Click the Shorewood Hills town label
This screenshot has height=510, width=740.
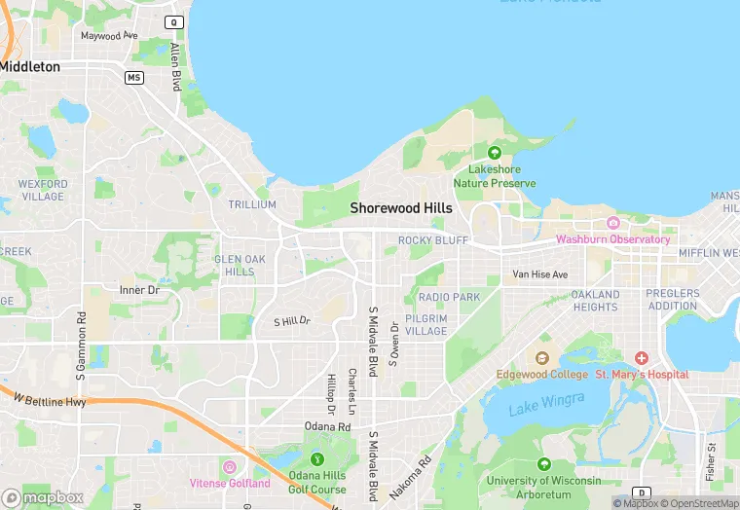[401, 208]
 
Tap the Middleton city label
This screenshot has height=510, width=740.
[30, 67]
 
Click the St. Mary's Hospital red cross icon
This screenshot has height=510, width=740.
[642, 359]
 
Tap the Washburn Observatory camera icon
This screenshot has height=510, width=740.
[612, 224]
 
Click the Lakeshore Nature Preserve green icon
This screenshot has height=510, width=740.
[494, 153]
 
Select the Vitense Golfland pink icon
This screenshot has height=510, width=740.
[230, 468]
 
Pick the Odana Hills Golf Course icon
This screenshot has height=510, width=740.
[316, 459]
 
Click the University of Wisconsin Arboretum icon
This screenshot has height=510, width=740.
[543, 465]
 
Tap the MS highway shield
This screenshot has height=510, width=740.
[134, 77]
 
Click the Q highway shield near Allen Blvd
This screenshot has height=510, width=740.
[174, 21]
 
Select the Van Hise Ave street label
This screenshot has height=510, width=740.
[540, 275]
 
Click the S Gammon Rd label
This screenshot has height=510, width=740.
[82, 345]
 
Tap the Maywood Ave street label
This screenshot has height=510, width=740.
[109, 36]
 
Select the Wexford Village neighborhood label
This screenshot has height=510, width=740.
[43, 190]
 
